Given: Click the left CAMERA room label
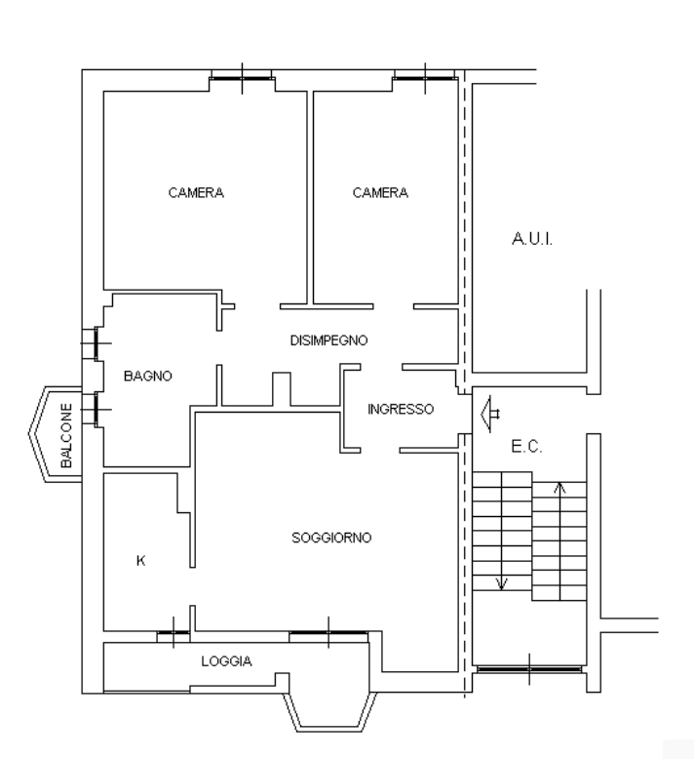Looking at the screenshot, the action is pos(196,192).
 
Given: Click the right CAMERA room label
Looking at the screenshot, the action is pos(380,192).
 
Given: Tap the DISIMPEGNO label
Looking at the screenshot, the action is pos(328,340).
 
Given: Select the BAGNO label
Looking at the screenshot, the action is pos(148,376).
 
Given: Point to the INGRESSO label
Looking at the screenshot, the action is pos(401,409).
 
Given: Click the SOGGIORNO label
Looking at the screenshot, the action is pos(331,538).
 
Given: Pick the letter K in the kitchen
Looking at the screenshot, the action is pos(140,561).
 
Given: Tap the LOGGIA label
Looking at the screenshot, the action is pos(226,660).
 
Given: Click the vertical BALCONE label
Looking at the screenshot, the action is pos(66,435).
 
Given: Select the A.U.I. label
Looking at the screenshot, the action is pos(532,239).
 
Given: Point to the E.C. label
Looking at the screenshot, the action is pos(526,446).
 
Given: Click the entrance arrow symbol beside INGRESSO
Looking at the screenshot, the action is pos(490,414).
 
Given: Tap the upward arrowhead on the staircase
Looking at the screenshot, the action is pos(559,487).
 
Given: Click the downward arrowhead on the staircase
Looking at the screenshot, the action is pos(502,584).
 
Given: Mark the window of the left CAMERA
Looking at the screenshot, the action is pos(242,78).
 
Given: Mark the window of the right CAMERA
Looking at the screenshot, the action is pos(425,78).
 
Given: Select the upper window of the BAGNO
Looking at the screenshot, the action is pos(96,343).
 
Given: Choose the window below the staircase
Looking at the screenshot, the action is pos(529,669).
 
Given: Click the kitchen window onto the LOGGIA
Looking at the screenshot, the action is pos(173,632).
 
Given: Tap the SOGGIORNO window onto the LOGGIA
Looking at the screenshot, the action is pos(328,632).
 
